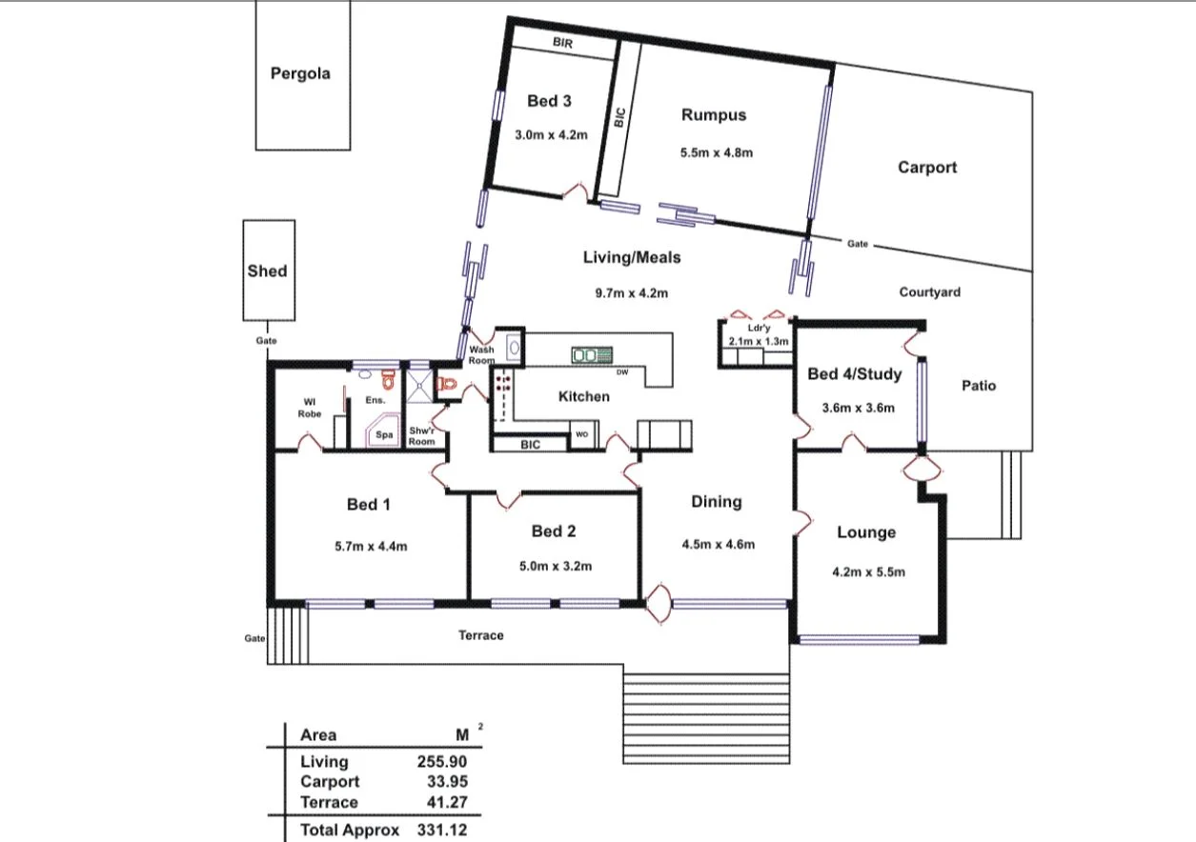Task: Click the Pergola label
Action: [300, 73]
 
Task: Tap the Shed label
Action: [267, 271]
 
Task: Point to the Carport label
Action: [926, 168]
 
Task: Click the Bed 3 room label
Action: [549, 102]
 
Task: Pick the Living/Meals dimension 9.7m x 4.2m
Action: [632, 293]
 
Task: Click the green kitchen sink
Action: [591, 355]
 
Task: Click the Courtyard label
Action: [929, 292]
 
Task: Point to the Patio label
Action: [978, 386]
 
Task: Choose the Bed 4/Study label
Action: [854, 374]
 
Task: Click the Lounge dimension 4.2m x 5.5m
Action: [868, 572]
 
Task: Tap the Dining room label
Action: [716, 502]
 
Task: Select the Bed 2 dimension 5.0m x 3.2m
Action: [554, 566]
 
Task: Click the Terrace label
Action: [480, 635]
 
